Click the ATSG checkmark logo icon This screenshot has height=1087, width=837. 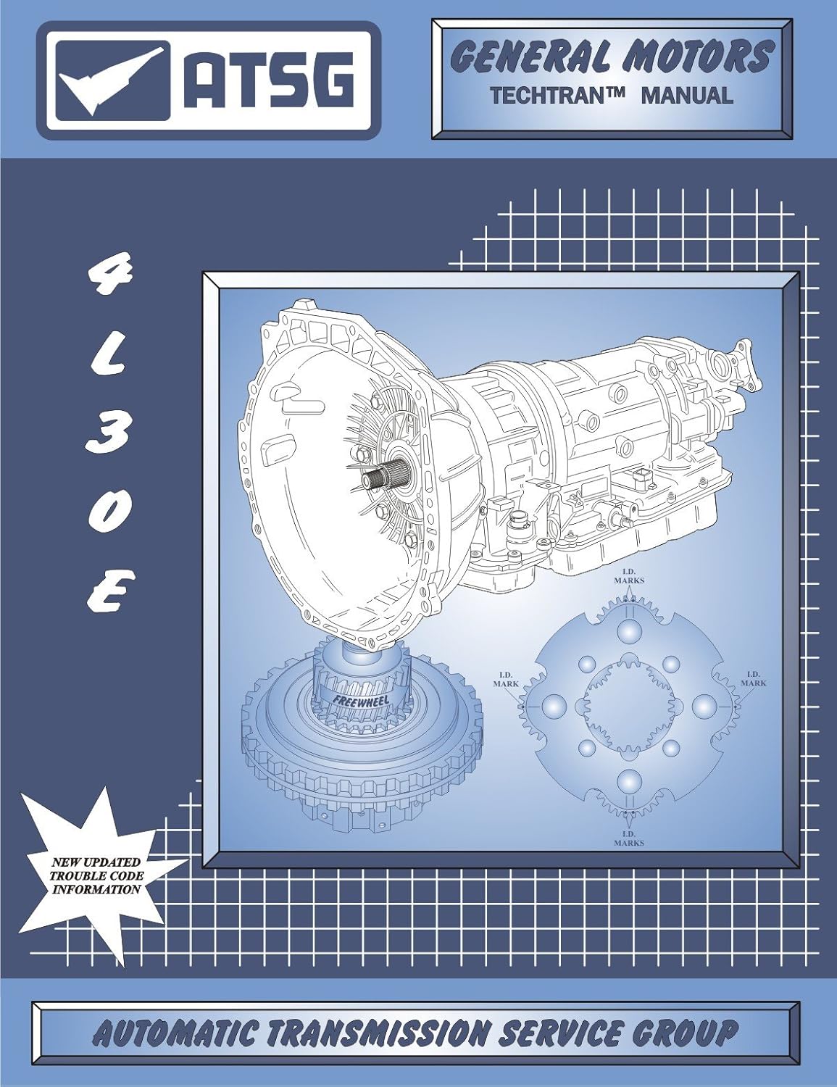pos(111,80)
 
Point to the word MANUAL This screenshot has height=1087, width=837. pos(687,95)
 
